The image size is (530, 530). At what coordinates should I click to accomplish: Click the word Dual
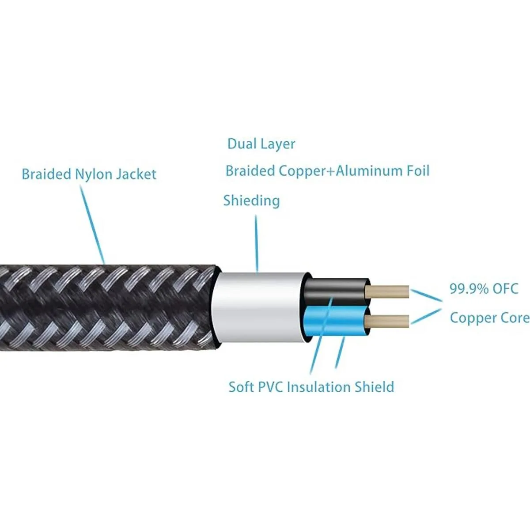[x=241, y=144]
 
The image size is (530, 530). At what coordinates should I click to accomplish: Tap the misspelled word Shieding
[x=251, y=201]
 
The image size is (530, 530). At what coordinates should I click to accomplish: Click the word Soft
[x=241, y=387]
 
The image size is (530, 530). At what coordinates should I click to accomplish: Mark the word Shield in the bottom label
[x=375, y=387]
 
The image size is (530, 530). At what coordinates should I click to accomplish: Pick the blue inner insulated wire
[x=336, y=320]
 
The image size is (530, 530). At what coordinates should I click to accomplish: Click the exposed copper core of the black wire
[x=389, y=291]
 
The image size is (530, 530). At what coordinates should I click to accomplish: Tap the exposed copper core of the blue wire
[x=389, y=321]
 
